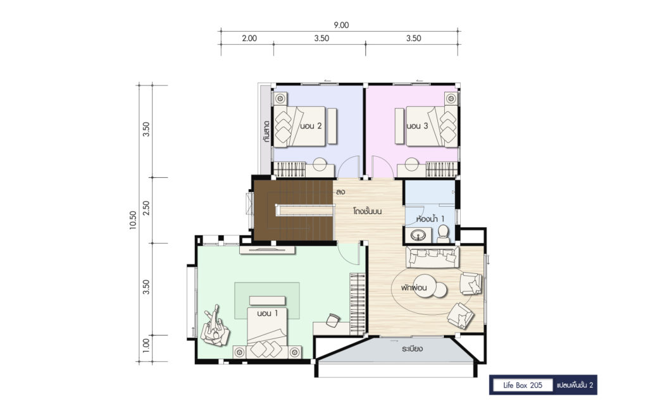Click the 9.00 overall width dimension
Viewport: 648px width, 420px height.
tap(341, 25)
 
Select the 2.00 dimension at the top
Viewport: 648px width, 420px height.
tap(249, 39)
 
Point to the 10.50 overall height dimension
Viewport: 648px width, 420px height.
tap(133, 220)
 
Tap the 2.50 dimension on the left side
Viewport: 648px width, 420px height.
tap(146, 208)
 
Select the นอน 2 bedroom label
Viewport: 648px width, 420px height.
tap(311, 126)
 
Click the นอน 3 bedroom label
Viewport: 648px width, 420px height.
tap(417, 126)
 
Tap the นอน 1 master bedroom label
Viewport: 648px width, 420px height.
tap(267, 314)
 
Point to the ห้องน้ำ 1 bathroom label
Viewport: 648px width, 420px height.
tap(430, 218)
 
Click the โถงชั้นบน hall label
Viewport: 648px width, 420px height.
tap(368, 211)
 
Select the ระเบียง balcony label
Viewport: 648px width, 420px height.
tap(412, 349)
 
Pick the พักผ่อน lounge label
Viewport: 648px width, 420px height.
tap(413, 287)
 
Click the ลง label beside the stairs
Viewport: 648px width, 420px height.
tap(340, 192)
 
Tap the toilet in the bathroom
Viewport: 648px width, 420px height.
tap(443, 234)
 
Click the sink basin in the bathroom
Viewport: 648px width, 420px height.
tap(420, 236)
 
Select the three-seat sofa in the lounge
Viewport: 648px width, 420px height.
tap(432, 257)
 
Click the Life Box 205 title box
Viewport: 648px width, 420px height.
tap(523, 385)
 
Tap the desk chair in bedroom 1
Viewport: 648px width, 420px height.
tap(333, 320)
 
